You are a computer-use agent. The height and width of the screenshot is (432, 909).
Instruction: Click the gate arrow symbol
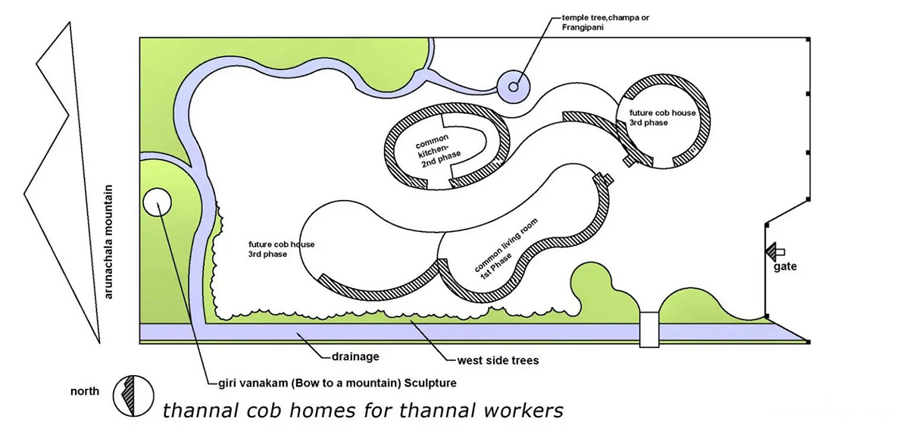774,251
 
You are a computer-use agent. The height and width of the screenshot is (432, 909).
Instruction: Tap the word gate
785,267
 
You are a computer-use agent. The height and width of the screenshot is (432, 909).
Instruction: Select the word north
84,392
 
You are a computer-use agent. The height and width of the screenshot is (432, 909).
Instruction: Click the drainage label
355,355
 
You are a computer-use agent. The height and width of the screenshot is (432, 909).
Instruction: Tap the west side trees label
498,360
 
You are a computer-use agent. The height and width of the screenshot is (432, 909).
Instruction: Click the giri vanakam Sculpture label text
332,383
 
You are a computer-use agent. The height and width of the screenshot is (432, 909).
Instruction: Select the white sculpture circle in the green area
157,202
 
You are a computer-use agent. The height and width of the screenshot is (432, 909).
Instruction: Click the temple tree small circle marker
514,87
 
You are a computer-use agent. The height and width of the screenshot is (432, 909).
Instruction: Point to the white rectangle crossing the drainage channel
649,330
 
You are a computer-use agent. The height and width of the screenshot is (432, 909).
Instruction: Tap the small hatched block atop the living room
601,179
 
